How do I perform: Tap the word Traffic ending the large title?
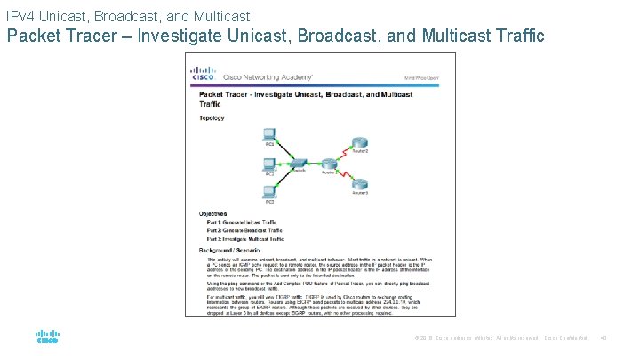click(511, 37)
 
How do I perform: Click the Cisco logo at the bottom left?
click(46, 337)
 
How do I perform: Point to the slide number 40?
click(604, 338)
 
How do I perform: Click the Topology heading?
click(212, 117)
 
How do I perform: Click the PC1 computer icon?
click(269, 133)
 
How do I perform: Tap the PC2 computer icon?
click(269, 164)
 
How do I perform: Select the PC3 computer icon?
click(269, 191)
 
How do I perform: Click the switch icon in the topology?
click(300, 164)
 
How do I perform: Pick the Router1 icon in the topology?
click(330, 163)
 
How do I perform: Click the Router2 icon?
click(359, 142)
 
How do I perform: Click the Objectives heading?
click(212, 214)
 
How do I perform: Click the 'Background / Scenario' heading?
click(230, 252)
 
